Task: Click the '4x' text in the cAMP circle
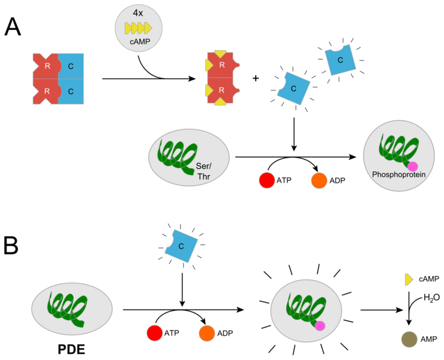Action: pos(138,13)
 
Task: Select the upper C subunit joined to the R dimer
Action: pos(71,66)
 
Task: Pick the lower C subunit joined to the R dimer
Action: pos(71,92)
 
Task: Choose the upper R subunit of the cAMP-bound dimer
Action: pos(222,65)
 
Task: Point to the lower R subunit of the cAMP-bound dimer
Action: pos(222,90)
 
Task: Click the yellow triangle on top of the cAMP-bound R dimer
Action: pos(221,54)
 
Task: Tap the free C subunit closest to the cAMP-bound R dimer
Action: pos(293,88)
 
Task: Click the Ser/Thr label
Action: pos(204,171)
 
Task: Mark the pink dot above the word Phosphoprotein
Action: pos(412,166)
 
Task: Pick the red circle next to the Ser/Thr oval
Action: pos(267,180)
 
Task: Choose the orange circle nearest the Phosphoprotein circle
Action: pos(319,181)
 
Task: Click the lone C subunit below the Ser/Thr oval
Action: pos(182,246)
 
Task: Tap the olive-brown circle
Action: pos(409,339)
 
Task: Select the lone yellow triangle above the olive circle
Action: pos(409,279)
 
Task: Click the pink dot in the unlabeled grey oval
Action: pos(320,326)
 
